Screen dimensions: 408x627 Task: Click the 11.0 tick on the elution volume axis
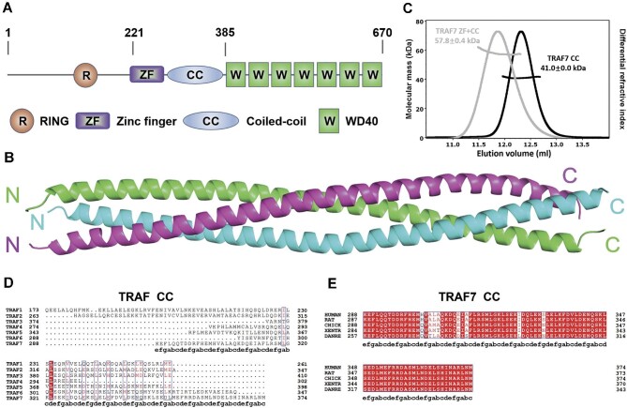[453, 145]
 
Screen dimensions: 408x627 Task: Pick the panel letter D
[7, 281]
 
